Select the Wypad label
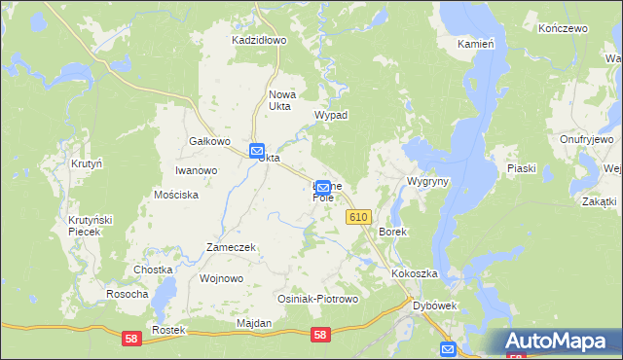click(x=330, y=115)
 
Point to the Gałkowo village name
click(x=209, y=141)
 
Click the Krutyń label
click(x=86, y=164)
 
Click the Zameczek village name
click(x=231, y=247)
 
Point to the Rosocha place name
click(x=128, y=294)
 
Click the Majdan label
click(x=253, y=322)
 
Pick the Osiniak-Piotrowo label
click(x=318, y=299)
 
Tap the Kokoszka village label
click(x=415, y=274)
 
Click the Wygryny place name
click(x=427, y=182)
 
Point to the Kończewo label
click(x=563, y=29)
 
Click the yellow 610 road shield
click(x=357, y=218)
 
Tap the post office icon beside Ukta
click(x=256, y=152)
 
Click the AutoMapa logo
click(x=559, y=342)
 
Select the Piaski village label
click(x=522, y=168)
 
